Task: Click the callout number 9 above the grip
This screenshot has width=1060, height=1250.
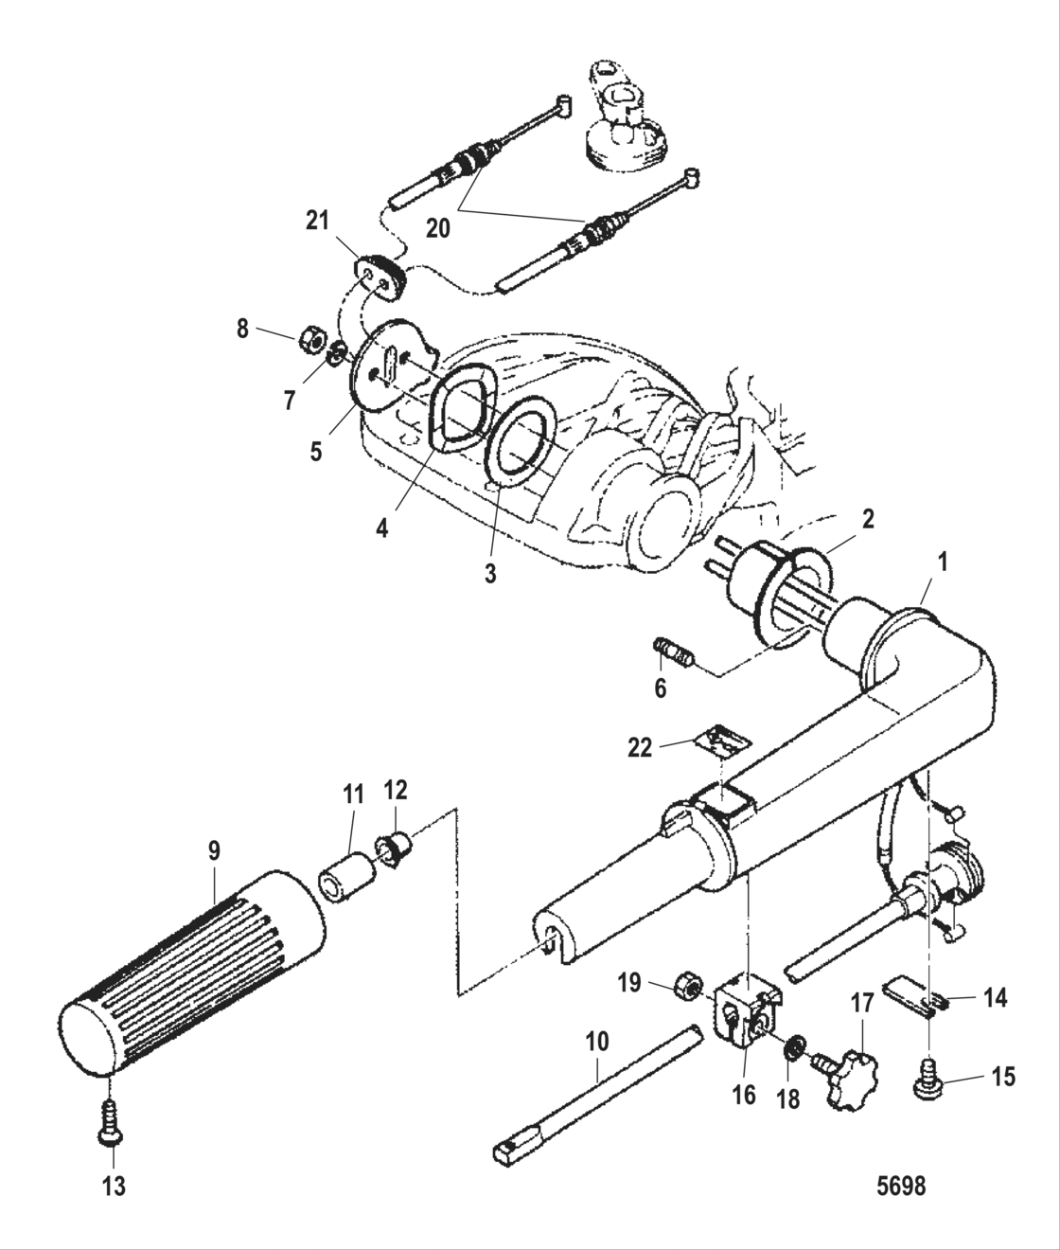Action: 215,850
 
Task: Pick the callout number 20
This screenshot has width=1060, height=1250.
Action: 437,229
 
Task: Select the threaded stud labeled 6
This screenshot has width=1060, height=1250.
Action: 676,653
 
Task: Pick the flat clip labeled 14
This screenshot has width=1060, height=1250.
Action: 910,997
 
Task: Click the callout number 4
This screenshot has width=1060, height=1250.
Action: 382,527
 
